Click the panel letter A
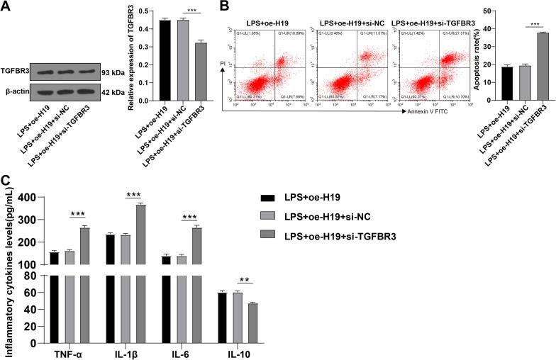[7, 7]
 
